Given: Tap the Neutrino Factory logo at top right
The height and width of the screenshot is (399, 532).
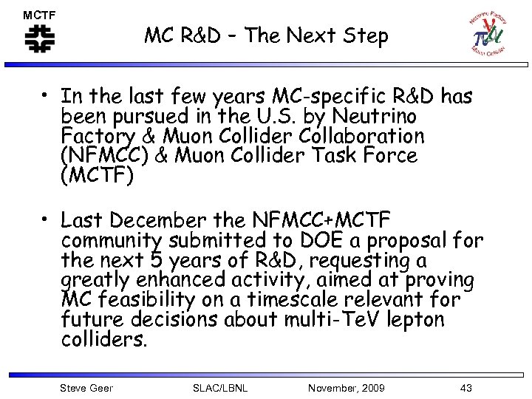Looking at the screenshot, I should point(488,33).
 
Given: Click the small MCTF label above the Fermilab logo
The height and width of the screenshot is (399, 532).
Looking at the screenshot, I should point(39,14).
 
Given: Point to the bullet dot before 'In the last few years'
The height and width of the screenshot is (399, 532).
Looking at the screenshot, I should point(46,96).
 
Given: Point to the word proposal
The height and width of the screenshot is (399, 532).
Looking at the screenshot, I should point(407,240).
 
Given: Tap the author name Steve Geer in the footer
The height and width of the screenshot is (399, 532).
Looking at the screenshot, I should point(86,388).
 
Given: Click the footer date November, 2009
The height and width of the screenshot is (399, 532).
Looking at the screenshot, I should point(346,388).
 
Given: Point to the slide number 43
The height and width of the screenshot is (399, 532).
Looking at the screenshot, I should point(465,388).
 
